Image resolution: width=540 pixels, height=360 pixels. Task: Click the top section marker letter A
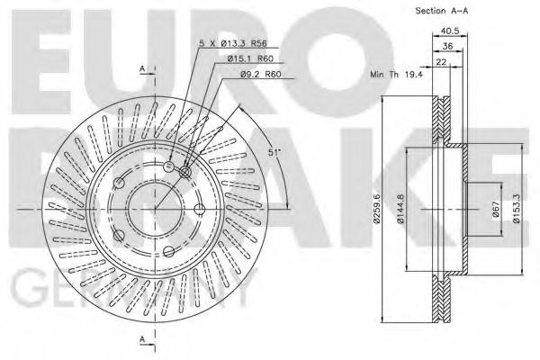tap(141, 69)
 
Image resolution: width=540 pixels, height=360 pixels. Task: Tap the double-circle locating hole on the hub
tap(185, 172)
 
